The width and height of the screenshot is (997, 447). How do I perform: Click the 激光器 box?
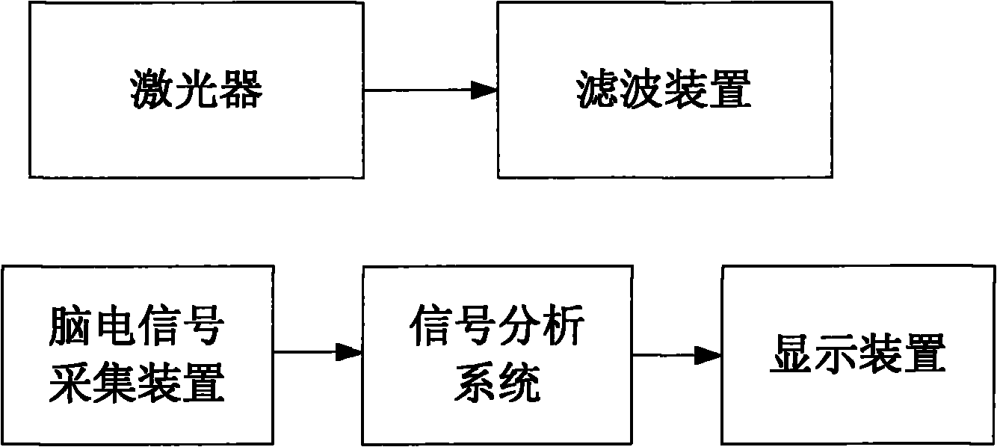197,90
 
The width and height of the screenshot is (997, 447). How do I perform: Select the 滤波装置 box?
664,90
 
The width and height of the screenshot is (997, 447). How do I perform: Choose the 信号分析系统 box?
497,354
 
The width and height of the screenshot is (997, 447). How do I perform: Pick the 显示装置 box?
857,354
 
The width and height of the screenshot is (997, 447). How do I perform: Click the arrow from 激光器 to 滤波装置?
430,90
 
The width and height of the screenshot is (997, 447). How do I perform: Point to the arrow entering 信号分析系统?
318,352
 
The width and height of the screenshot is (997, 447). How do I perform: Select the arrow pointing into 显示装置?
677,356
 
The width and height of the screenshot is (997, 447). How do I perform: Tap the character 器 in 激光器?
241,91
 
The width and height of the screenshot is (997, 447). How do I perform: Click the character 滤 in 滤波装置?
599,91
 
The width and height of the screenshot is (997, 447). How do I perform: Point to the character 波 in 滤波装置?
642,91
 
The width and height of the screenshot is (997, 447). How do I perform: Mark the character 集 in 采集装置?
114,384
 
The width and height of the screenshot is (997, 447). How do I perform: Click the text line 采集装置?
137,384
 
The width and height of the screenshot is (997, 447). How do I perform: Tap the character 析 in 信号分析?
563,327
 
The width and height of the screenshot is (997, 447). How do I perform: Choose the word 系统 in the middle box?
497,384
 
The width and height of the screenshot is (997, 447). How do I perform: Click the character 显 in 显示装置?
792,354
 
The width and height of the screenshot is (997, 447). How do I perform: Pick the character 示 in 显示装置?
836,354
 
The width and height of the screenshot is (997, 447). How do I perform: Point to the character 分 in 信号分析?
519,327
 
